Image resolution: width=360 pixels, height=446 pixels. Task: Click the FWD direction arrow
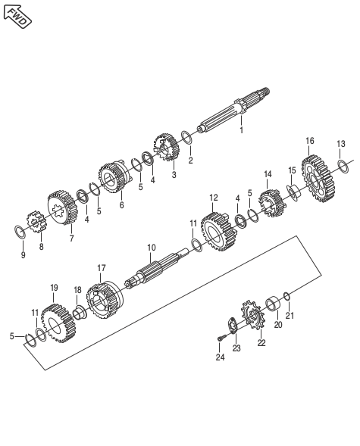17,17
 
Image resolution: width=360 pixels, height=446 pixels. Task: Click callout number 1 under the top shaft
241,130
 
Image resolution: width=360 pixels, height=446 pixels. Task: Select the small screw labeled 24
221,338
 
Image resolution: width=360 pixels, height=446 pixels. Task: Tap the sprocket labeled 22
253,315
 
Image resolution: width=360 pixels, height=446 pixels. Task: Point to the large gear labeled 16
318,179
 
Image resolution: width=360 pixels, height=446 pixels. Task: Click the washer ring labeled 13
343,167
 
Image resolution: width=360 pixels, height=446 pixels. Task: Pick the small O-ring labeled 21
286,296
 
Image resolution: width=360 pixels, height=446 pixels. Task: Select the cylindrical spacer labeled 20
273,304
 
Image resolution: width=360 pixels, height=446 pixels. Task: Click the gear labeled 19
58,323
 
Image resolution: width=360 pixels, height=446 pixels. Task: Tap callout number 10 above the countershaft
152,248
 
